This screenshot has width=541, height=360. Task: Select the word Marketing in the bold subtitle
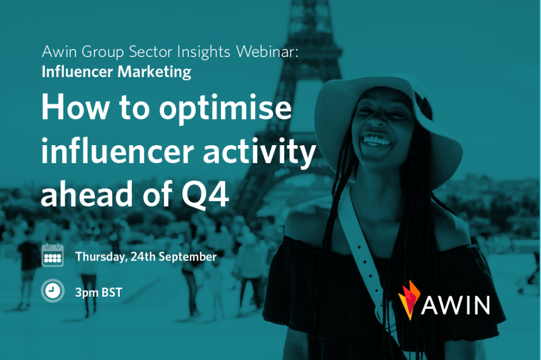[154, 72]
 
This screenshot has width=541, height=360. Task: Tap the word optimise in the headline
[225, 108]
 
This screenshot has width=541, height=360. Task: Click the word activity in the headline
[260, 152]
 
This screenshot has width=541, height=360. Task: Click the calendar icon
[53, 255]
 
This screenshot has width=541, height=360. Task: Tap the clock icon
[52, 291]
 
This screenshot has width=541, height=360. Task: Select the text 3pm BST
[98, 293]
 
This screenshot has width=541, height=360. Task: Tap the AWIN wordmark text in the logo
[455, 305]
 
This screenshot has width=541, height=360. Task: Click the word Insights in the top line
[204, 52]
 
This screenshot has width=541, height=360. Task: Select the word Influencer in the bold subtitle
[77, 72]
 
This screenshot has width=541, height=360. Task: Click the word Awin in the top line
[59, 52]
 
